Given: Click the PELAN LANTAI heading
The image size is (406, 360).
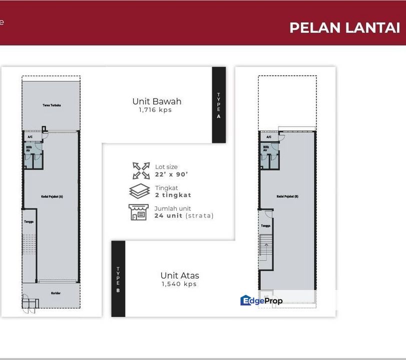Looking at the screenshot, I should pos(344,27).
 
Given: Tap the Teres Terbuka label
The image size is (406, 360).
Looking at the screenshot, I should pos(52,105).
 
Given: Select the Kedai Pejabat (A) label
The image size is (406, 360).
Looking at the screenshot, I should pos(52,196).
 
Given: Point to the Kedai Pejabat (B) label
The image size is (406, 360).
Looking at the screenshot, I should pos(287,196).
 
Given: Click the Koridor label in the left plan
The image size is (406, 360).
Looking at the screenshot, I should pos(56,293).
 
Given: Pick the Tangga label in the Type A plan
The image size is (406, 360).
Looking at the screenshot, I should pos(29,221).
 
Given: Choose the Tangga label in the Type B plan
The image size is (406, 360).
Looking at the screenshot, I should pos(265,225).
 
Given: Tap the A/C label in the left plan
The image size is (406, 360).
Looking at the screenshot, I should pos(30,136).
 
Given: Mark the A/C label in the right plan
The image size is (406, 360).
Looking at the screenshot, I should pos(269,136).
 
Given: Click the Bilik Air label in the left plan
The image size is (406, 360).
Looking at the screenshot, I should pos(29,148).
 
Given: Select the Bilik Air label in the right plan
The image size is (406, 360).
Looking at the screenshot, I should pos(265,148).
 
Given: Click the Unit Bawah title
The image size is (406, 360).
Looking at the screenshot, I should pos(157,101).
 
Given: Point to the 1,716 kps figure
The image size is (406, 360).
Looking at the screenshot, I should pos(155,110).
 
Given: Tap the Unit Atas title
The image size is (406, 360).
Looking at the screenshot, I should pos(180,275).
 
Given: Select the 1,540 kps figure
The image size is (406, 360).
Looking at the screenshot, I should pos(179,284).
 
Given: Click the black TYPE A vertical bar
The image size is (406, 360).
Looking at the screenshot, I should pos(219,105).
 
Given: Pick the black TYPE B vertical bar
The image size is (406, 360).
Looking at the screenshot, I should pos(118,278).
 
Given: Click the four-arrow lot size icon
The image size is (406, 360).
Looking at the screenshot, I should pos(141,170).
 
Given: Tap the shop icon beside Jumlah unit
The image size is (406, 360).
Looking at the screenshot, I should pos(139,212).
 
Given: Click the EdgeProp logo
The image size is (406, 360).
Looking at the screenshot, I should pos(261,300).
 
